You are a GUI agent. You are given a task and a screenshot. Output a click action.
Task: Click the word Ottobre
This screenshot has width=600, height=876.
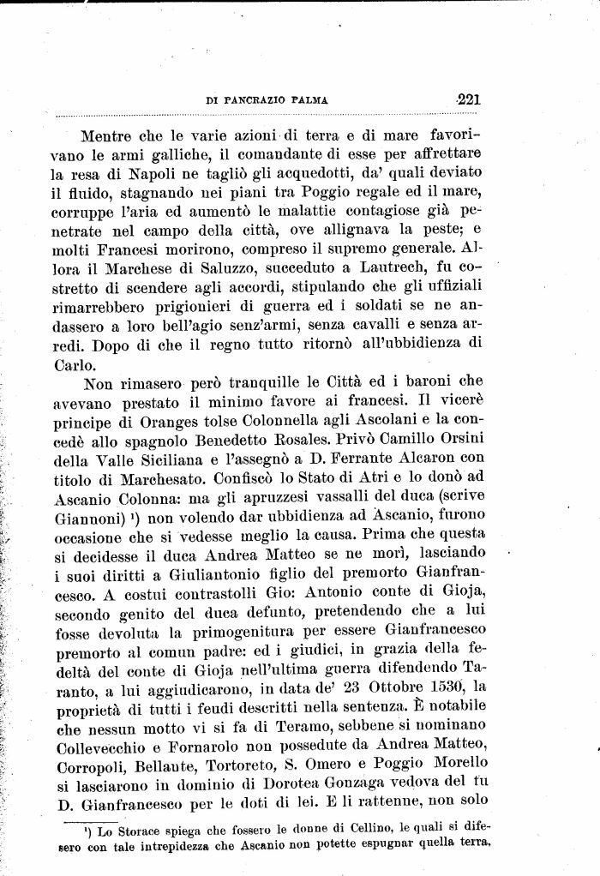pyautogui.click(x=368, y=687)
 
